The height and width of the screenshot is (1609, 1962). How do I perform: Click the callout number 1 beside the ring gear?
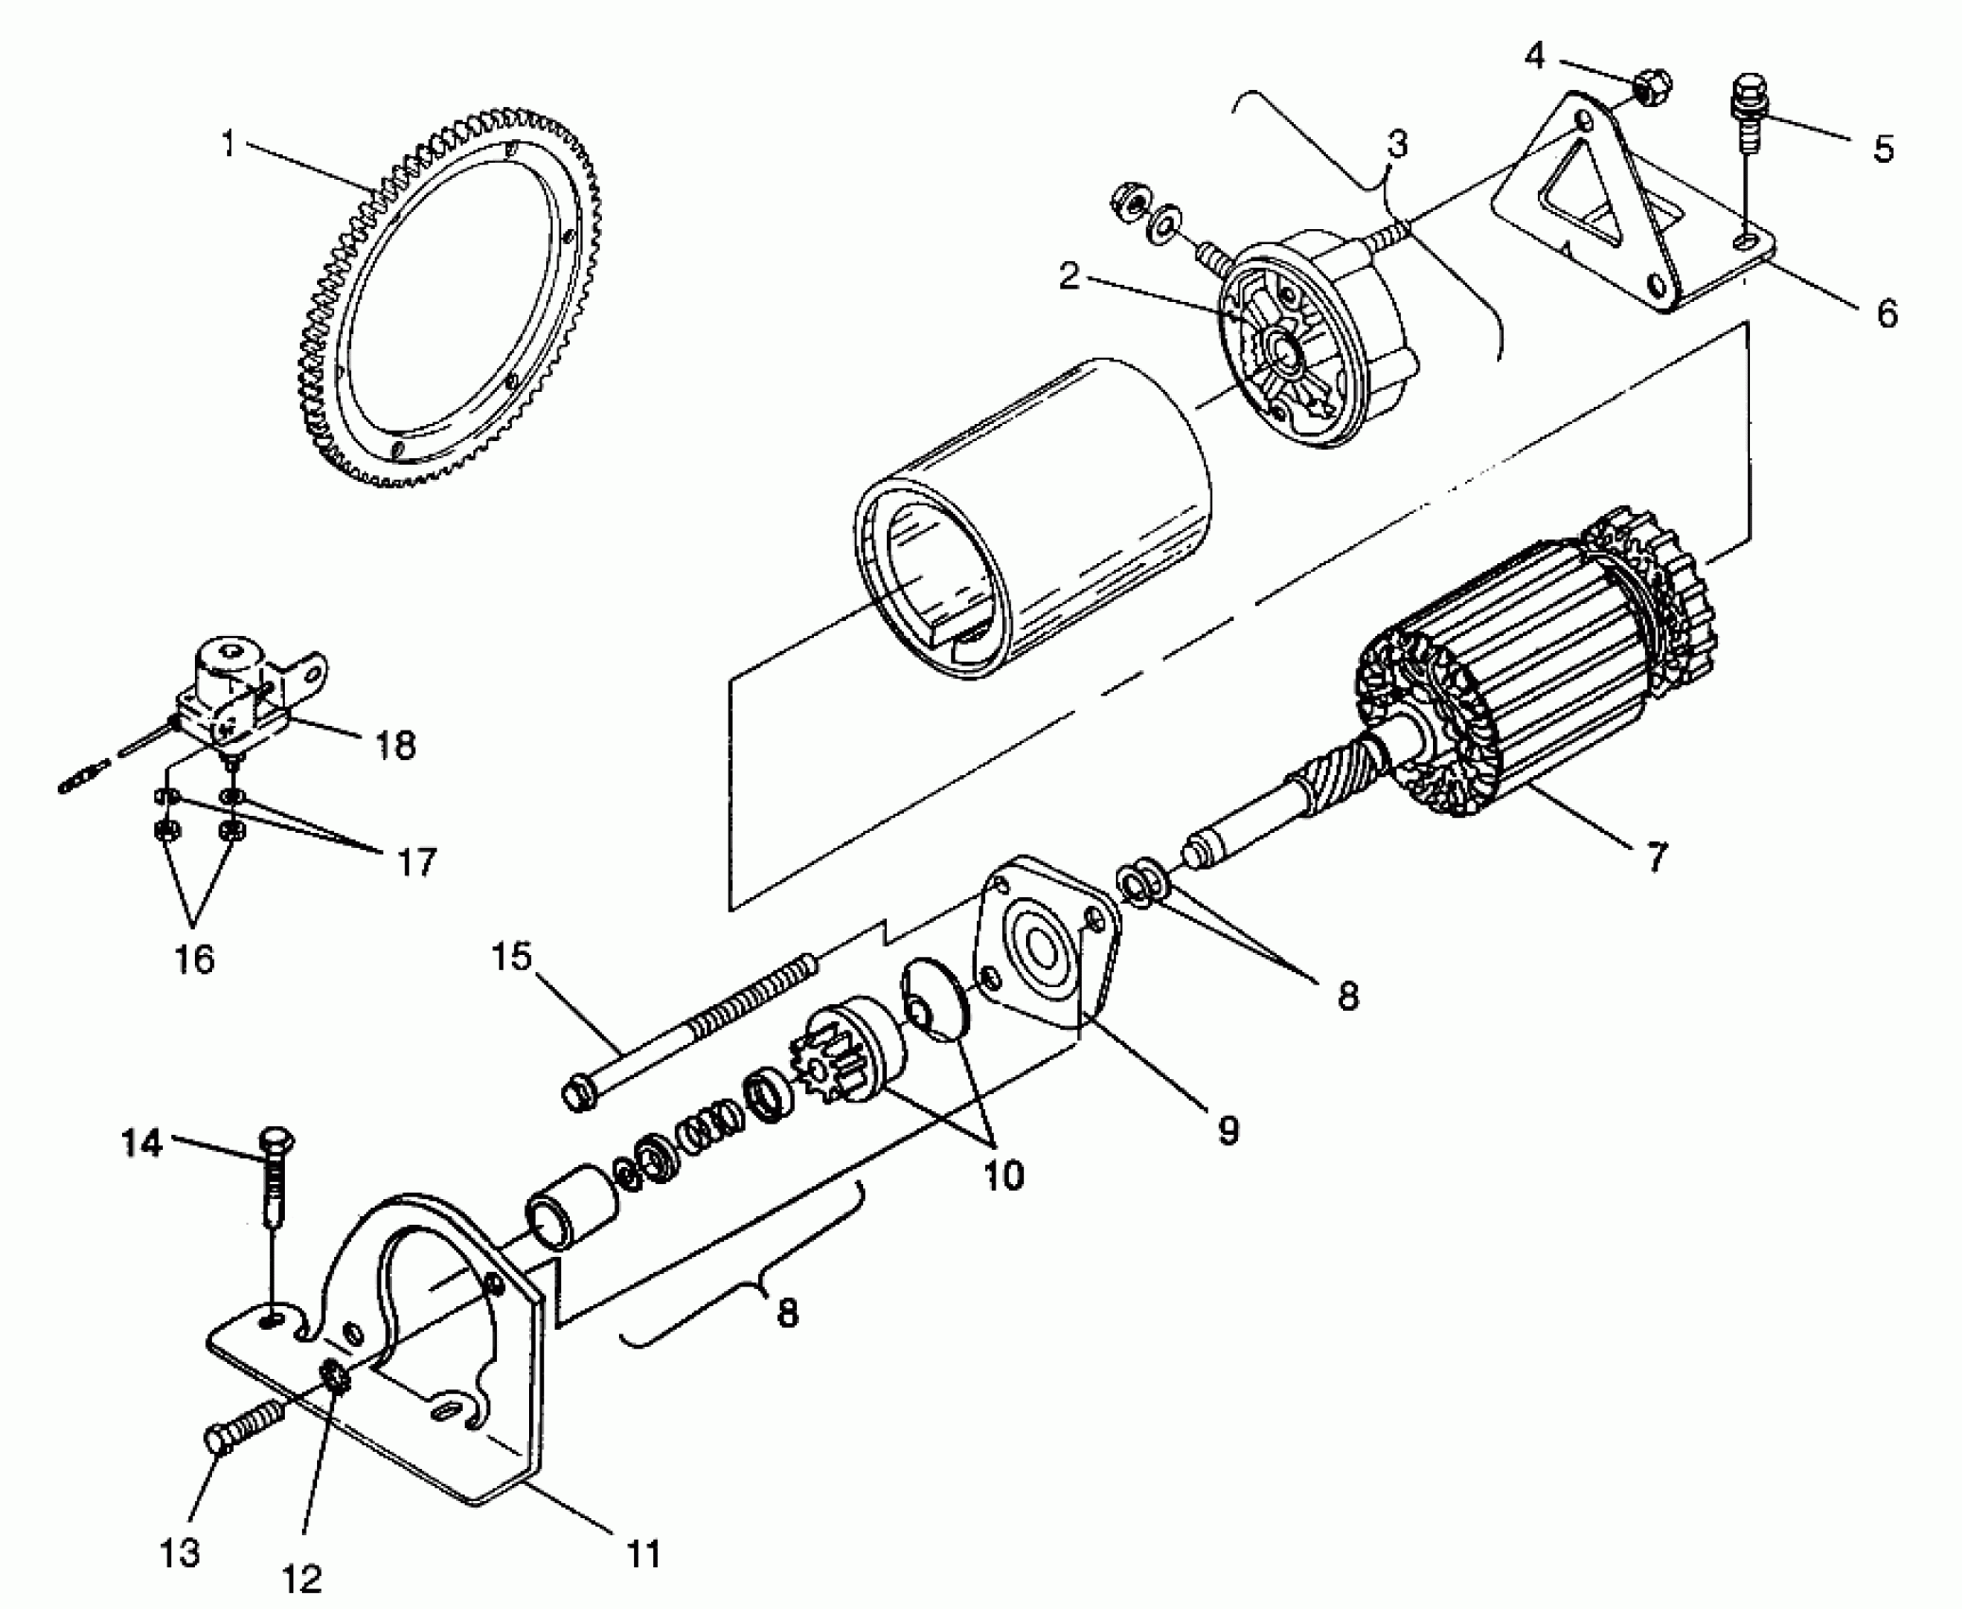pyautogui.click(x=227, y=145)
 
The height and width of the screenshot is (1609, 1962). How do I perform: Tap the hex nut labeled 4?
pyautogui.click(x=1653, y=86)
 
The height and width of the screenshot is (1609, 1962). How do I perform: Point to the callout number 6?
pyautogui.click(x=1885, y=311)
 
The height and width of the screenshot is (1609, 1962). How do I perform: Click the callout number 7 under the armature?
pyautogui.click(x=1656, y=858)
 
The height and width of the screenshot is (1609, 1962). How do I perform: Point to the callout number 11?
pyautogui.click(x=644, y=1553)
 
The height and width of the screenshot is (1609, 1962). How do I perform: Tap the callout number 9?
pyautogui.click(x=1228, y=1129)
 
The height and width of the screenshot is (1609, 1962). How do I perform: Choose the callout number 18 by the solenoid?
pyautogui.click(x=396, y=745)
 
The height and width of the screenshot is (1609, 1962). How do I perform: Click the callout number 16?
pyautogui.click(x=196, y=959)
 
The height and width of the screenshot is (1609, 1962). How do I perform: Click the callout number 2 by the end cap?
pyautogui.click(x=1069, y=275)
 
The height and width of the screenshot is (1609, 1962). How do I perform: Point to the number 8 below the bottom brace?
pyautogui.click(x=787, y=1314)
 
